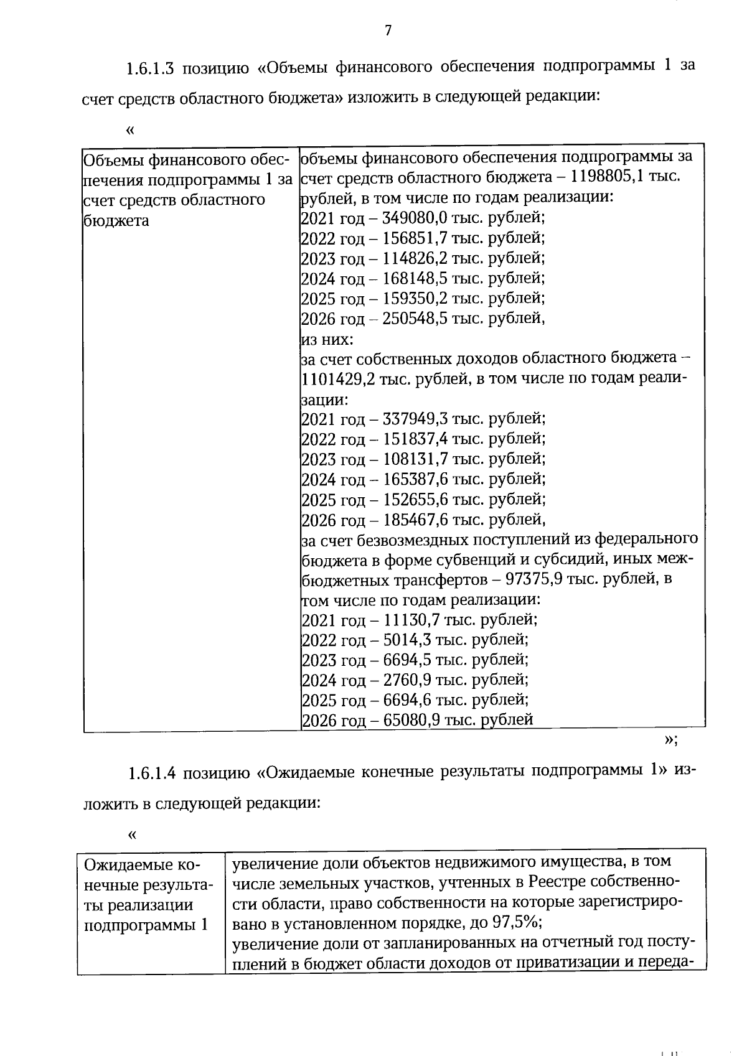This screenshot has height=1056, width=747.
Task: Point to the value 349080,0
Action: [x=411, y=218]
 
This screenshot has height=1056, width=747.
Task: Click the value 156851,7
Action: [x=411, y=238]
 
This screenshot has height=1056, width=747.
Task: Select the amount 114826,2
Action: [x=411, y=258]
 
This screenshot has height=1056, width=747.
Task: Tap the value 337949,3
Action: [x=411, y=419]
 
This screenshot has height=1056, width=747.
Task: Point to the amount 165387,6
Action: [x=411, y=479]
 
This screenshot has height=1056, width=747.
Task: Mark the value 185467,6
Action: [x=411, y=519]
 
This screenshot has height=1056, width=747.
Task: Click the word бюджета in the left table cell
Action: [x=116, y=221]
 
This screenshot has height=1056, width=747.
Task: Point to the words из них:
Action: [x=326, y=340]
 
